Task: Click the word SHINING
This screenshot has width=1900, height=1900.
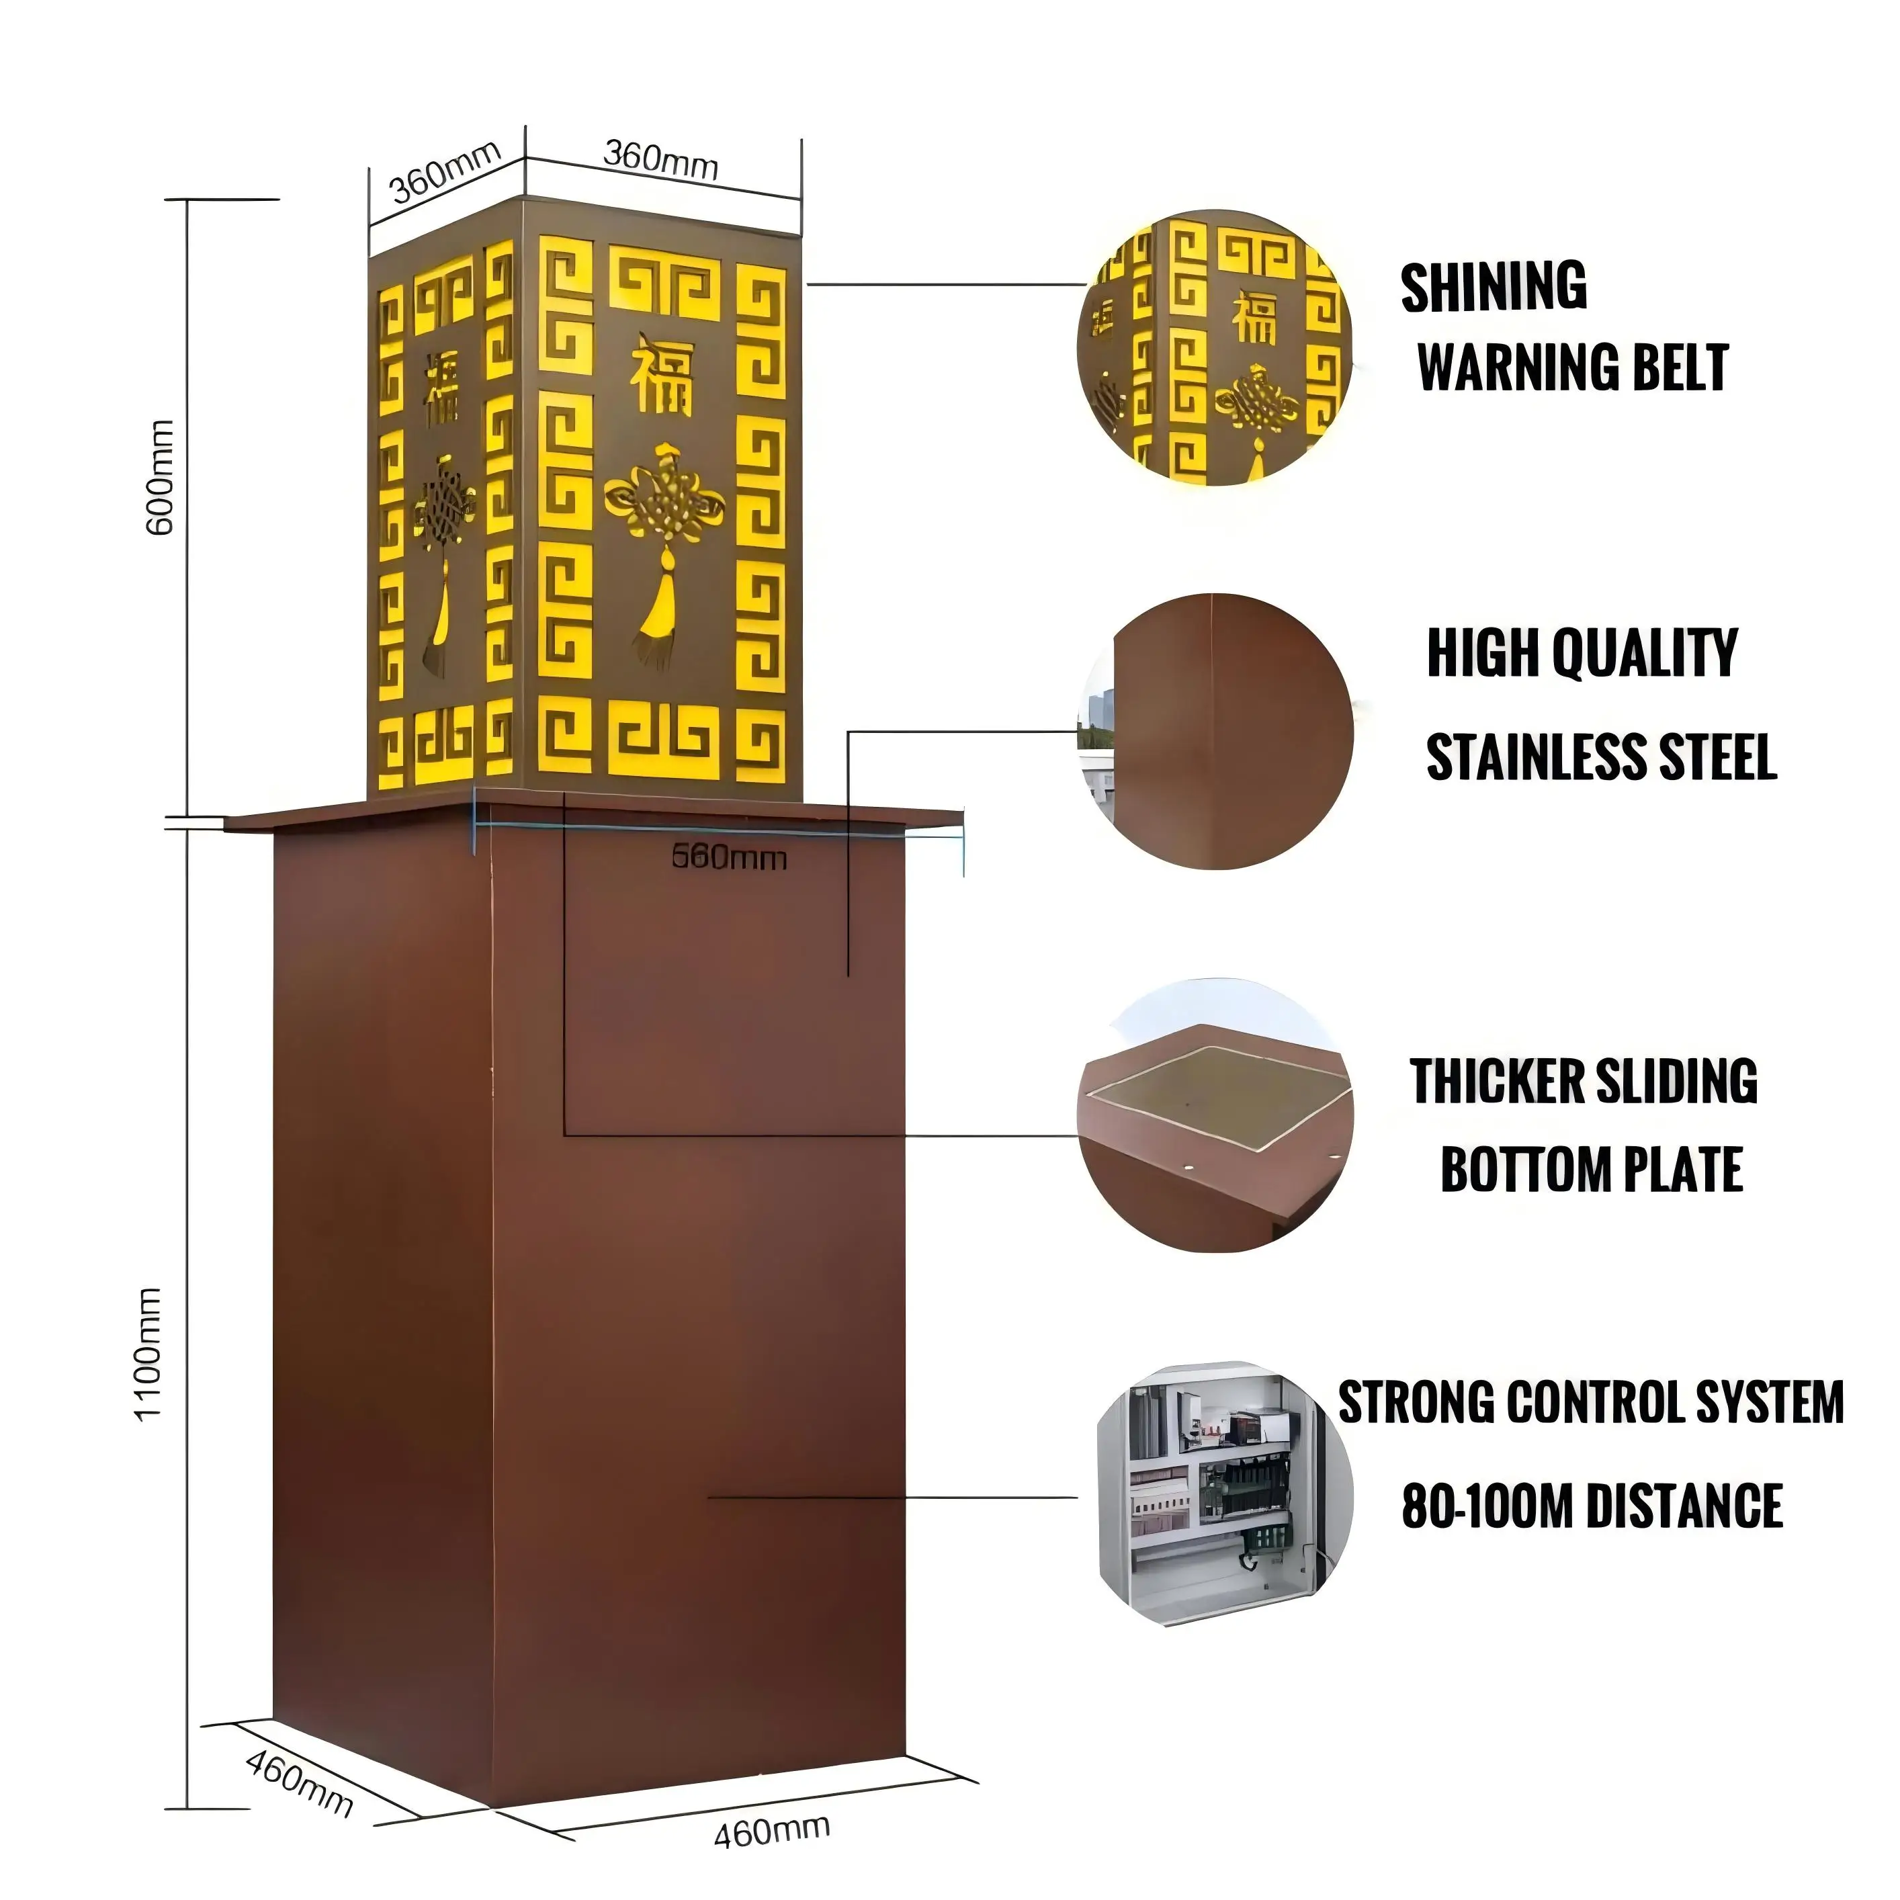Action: (x=1493, y=287)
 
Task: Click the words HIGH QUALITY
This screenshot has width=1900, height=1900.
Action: (x=1582, y=653)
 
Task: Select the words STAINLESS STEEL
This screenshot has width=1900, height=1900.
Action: (x=1601, y=757)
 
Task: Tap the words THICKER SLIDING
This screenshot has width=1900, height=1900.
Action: (x=1584, y=1082)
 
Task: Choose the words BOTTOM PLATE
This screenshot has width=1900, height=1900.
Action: (x=1591, y=1169)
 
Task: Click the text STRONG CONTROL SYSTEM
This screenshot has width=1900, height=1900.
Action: (x=1590, y=1402)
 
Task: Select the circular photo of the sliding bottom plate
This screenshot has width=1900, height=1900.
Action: (x=1217, y=1116)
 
